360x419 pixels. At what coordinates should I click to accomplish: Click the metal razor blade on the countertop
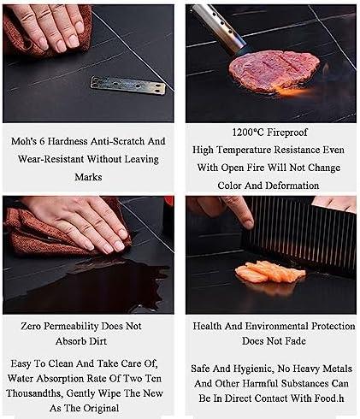point(128,85)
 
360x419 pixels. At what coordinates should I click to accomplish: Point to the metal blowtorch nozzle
point(219,28)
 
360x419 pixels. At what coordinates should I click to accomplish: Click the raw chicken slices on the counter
point(270,273)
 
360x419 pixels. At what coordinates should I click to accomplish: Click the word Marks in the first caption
point(88,177)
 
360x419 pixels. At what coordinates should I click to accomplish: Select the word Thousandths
point(35,393)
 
